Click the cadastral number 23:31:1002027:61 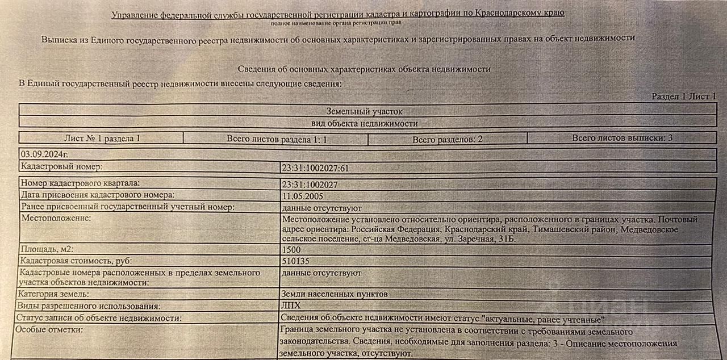point(315,168)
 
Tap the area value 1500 point(291,249)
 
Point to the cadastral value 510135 point(295,261)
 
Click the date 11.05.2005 point(302,195)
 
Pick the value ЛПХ point(290,306)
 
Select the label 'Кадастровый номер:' point(61,166)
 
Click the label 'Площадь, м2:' point(47,249)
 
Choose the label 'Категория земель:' point(55,294)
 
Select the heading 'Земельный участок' point(364,112)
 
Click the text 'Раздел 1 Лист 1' point(684,97)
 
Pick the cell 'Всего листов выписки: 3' point(622,138)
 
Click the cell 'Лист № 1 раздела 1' point(102,138)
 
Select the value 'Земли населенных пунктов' point(335,295)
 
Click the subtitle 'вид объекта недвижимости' point(364,123)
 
